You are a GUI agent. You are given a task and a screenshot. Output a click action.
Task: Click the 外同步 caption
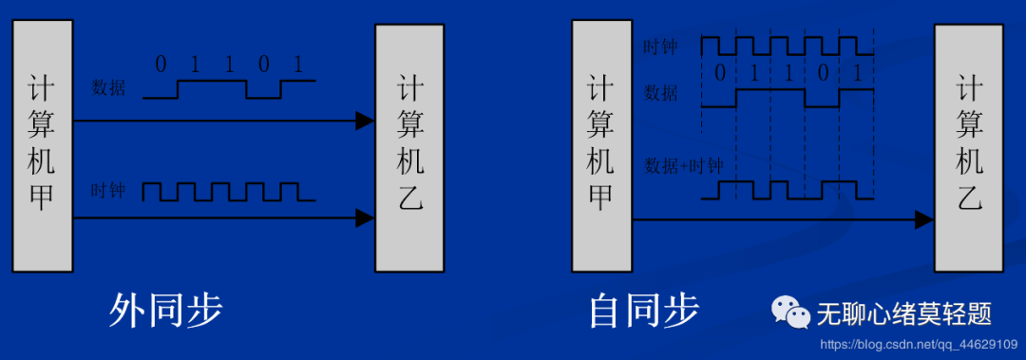click(x=166, y=311)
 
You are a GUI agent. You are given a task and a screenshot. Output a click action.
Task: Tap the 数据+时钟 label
click(x=684, y=165)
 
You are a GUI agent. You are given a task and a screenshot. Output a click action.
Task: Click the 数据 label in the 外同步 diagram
click(x=108, y=88)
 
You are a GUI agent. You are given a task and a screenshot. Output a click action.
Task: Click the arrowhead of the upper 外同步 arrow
click(x=364, y=121)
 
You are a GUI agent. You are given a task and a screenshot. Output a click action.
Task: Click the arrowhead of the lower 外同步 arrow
click(x=364, y=219)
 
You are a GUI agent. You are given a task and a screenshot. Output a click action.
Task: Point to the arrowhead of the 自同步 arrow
click(x=923, y=220)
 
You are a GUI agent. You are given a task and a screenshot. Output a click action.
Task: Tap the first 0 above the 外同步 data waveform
click(x=161, y=66)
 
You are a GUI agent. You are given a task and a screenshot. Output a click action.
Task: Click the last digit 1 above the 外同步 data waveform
click(x=298, y=66)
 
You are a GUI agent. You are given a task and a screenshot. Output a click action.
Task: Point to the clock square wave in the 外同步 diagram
click(x=228, y=192)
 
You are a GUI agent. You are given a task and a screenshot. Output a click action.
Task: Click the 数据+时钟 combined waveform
click(x=787, y=190)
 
